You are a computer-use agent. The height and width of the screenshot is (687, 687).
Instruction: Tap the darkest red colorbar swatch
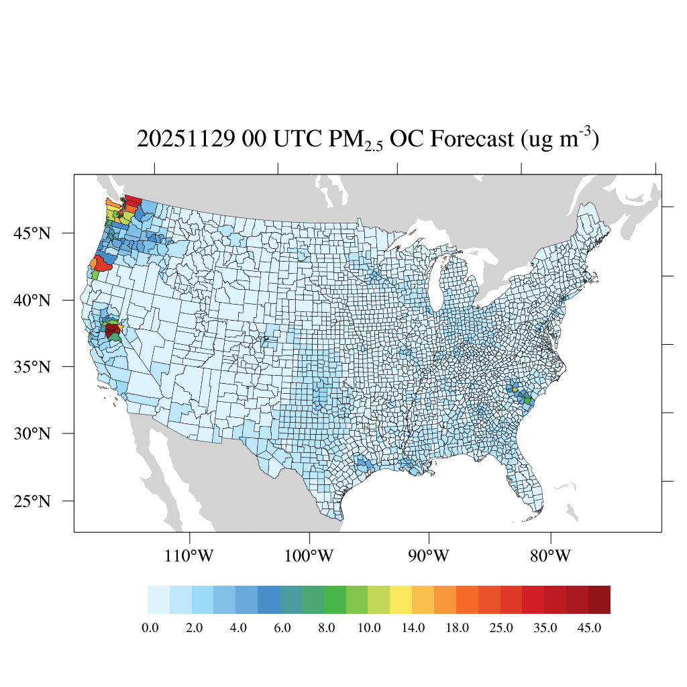point(599,600)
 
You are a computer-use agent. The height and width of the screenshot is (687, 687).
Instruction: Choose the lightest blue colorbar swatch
point(158,600)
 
